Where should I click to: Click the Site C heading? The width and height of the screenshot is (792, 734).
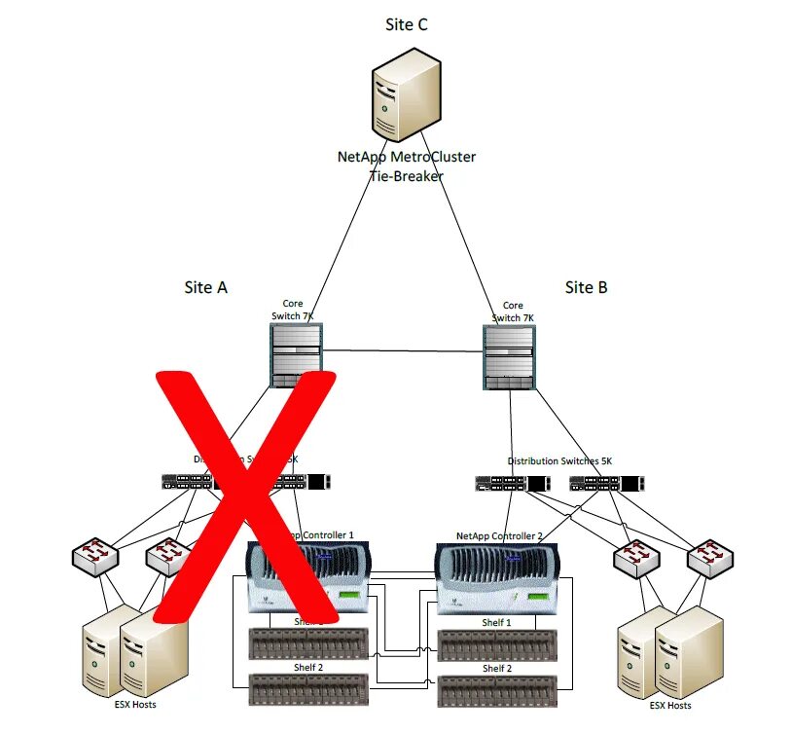pyautogui.click(x=406, y=25)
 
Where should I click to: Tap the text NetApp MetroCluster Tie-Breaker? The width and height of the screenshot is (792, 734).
pyautogui.click(x=406, y=165)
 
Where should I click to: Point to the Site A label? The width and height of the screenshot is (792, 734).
pyautogui.click(x=205, y=287)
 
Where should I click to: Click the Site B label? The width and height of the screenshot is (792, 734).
pyautogui.click(x=586, y=287)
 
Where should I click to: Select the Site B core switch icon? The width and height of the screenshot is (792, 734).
pyautogui.click(x=509, y=357)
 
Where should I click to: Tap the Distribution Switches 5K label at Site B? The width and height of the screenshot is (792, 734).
pyautogui.click(x=559, y=460)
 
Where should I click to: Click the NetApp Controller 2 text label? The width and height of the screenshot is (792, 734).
pyautogui.click(x=499, y=536)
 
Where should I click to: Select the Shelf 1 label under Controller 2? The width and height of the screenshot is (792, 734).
pyautogui.click(x=495, y=623)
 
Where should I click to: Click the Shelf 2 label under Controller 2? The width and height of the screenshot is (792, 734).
pyautogui.click(x=495, y=669)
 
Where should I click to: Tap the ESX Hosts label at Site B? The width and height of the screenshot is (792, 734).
pyautogui.click(x=670, y=705)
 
